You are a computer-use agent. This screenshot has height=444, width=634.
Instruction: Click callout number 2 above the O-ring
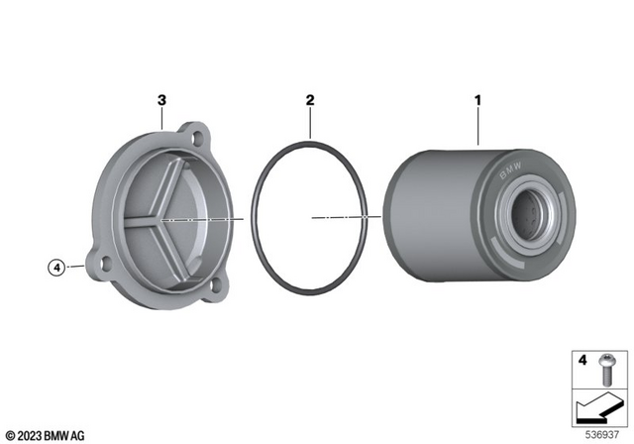point(310,101)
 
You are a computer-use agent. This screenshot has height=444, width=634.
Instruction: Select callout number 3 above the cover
point(162,101)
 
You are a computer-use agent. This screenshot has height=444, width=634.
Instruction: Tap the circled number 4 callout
point(57,267)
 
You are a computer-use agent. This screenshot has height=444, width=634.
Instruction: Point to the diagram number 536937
point(602,432)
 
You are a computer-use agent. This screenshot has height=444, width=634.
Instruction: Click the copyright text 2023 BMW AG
point(45,435)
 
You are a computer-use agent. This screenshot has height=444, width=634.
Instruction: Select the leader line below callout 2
point(310,124)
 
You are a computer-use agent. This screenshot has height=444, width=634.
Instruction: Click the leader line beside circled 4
point(77,267)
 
